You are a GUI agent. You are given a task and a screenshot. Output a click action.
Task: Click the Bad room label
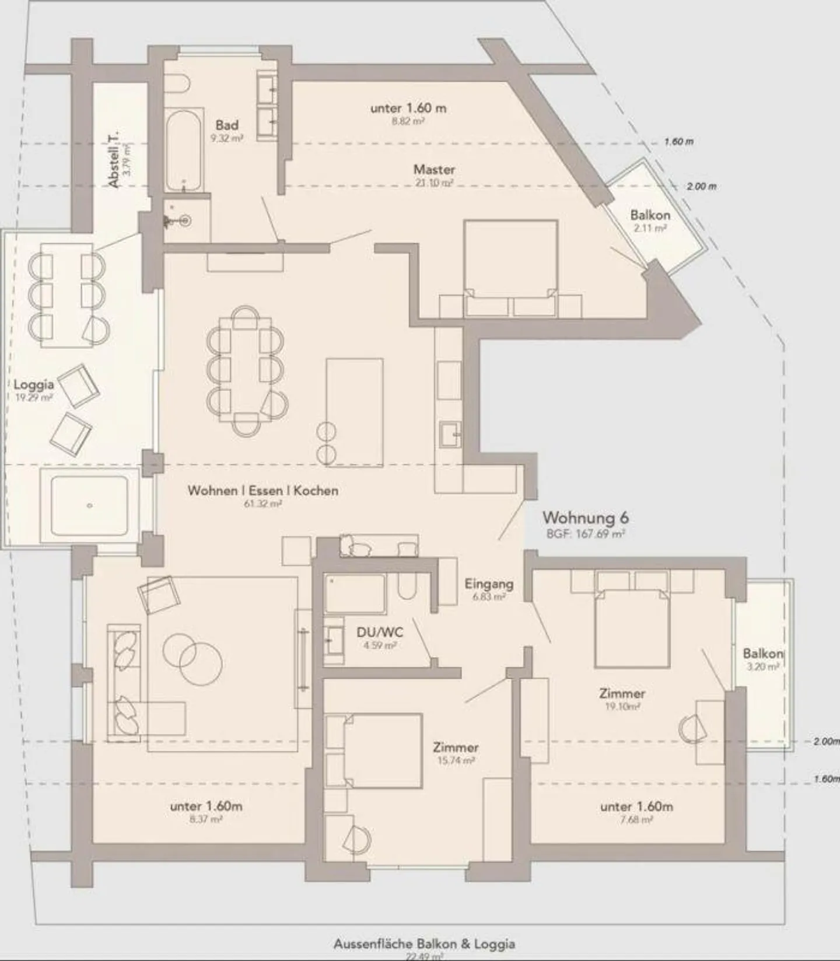(x=227, y=125)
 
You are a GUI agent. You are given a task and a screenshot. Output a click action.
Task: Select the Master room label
(x=434, y=170)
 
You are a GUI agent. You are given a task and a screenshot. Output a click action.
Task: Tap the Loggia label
(x=34, y=384)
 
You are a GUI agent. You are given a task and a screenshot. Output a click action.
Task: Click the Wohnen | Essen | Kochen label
(x=262, y=490)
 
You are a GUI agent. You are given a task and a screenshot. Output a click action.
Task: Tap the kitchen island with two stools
(x=355, y=412)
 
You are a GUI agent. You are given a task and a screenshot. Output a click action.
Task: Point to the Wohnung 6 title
(x=585, y=517)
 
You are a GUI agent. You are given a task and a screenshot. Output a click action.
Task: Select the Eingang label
(x=489, y=584)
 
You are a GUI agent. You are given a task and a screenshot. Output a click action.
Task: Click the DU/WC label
(x=380, y=633)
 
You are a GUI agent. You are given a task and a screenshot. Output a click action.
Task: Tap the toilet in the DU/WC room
(x=406, y=585)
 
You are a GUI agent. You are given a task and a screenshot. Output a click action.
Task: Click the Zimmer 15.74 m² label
(x=456, y=747)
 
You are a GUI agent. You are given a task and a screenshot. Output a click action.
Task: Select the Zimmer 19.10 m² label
(x=622, y=693)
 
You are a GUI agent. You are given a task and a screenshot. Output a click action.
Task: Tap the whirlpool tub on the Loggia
(x=89, y=506)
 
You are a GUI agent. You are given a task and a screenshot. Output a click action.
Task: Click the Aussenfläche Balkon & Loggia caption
(x=424, y=944)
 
